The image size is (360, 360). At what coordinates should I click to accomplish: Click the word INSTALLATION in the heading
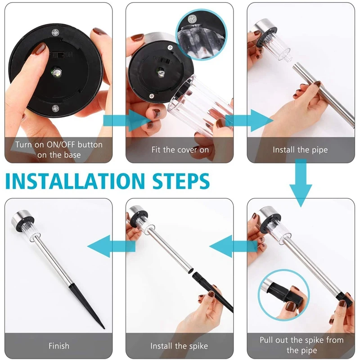(x=75, y=181)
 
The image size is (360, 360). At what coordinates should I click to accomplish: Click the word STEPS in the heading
(x=181, y=181)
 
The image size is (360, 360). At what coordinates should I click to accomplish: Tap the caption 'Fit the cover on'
(x=180, y=150)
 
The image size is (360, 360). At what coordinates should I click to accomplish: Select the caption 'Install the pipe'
(x=300, y=150)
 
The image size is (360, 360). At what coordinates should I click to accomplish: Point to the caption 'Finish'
(x=59, y=346)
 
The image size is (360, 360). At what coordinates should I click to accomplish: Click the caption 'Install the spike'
(x=179, y=346)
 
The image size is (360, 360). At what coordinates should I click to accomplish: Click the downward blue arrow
(x=301, y=183)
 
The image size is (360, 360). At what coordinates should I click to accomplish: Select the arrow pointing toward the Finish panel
(x=111, y=246)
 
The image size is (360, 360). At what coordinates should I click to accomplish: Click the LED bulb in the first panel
(x=56, y=72)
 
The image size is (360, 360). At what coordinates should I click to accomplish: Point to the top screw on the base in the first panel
(x=55, y=33)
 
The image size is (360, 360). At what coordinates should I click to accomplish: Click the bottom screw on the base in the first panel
(x=55, y=108)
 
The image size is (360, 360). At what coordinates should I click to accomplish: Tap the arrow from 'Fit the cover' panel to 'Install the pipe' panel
(x=249, y=120)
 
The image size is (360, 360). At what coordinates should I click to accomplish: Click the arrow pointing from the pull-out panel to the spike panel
(x=233, y=246)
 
